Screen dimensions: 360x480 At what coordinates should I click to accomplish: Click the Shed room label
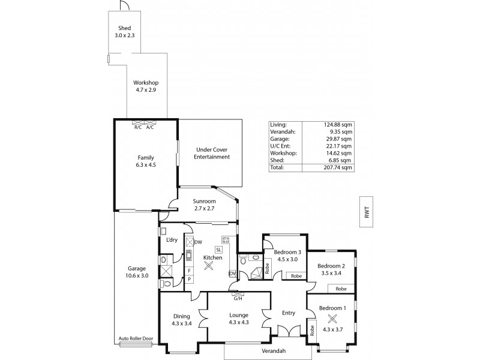[124, 28]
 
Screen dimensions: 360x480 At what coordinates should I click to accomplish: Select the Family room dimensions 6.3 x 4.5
[146, 164]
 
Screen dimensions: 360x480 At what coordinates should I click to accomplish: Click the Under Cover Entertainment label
[213, 153]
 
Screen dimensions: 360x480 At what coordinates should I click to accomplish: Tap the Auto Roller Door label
[136, 339]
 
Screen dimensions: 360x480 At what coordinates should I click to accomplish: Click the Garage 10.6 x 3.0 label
[137, 272]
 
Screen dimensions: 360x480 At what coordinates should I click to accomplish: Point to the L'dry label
[172, 241]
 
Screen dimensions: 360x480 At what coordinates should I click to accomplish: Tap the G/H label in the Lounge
[238, 298]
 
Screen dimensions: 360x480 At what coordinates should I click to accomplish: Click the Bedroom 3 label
[287, 253]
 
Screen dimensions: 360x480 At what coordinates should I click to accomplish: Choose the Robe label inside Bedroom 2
[340, 289]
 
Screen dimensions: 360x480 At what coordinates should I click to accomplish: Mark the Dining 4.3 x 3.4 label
[181, 320]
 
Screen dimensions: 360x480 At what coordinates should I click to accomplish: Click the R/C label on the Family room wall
[137, 127]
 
